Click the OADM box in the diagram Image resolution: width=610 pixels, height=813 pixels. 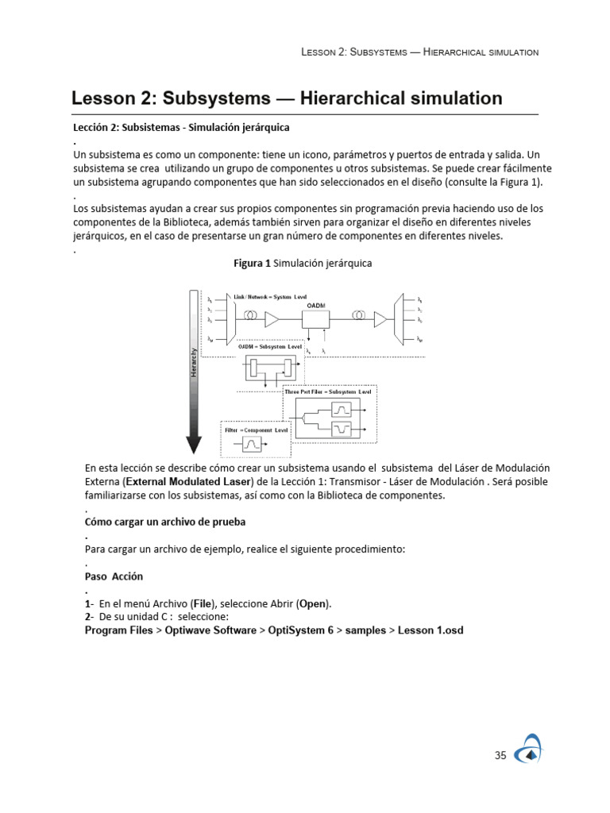(316, 318)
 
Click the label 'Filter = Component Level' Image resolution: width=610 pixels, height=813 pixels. (253, 430)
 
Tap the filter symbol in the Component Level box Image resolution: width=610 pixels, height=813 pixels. (253, 444)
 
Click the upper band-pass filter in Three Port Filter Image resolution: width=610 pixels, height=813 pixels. (343, 409)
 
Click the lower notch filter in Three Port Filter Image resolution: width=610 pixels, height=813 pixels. (343, 430)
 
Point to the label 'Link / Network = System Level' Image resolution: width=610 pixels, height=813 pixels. (270, 295)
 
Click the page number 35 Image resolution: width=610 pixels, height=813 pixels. (500, 756)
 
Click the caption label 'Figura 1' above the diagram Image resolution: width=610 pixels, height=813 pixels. (251, 263)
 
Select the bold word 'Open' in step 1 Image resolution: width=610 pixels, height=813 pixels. (314, 603)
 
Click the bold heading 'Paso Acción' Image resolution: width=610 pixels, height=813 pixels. (114, 576)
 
